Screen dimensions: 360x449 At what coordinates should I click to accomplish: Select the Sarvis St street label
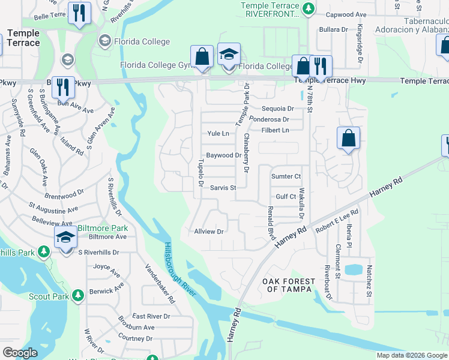click(x=223, y=188)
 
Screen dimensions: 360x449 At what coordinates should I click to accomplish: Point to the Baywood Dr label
click(x=223, y=155)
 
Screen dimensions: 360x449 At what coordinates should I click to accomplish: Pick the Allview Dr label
click(x=208, y=232)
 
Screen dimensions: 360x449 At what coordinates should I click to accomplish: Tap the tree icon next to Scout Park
click(x=77, y=295)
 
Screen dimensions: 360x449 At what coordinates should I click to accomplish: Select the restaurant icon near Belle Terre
click(x=79, y=13)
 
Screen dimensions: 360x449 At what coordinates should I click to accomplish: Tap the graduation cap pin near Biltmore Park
click(x=65, y=236)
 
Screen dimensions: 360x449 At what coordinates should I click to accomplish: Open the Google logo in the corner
click(x=20, y=353)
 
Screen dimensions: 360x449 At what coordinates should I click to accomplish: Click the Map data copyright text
click(x=412, y=355)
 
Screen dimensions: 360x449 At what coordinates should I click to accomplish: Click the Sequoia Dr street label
click(x=279, y=109)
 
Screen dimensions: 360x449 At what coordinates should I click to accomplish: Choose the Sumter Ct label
click(x=286, y=176)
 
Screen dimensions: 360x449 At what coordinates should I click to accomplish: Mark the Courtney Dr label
click(x=136, y=338)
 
